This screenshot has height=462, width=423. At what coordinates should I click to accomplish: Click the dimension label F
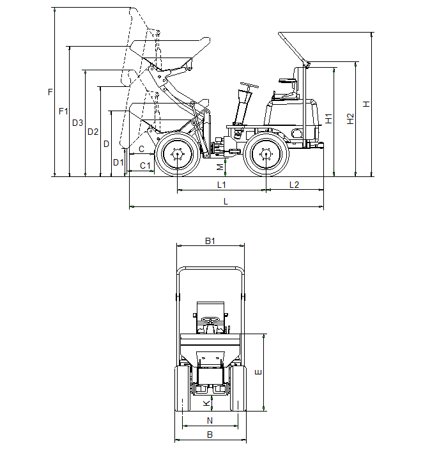pyautogui.click(x=50, y=93)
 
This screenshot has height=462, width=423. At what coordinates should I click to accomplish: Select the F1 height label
pyautogui.click(x=63, y=111)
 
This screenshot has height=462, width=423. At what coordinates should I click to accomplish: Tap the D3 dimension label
pyautogui.click(x=77, y=123)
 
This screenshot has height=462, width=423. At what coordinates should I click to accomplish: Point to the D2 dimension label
pyautogui.click(x=93, y=132)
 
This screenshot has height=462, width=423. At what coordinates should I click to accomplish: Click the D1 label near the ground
pyautogui.click(x=118, y=162)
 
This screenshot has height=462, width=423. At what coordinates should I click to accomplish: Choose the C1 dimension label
pyautogui.click(x=145, y=166)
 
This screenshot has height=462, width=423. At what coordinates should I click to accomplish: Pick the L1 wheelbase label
pyautogui.click(x=222, y=185)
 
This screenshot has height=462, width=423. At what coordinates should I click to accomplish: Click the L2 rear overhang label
pyautogui.click(x=294, y=185)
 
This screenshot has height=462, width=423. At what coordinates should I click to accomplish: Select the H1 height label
pyautogui.click(x=328, y=118)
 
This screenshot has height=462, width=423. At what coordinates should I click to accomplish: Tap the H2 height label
pyautogui.click(x=350, y=118)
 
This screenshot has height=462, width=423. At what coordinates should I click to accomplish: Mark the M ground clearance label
pyautogui.click(x=220, y=167)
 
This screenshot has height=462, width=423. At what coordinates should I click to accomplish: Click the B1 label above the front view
pyautogui.click(x=210, y=241)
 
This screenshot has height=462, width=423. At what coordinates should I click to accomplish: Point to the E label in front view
pyautogui.click(x=258, y=372)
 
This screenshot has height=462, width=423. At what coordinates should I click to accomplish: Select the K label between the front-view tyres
pyautogui.click(x=205, y=403)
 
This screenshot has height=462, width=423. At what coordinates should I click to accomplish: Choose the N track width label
pyautogui.click(x=210, y=420)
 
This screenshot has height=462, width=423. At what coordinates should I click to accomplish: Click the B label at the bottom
pyautogui.click(x=210, y=435)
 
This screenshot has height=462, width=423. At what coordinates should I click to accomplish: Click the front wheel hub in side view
pyautogui.click(x=178, y=154)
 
